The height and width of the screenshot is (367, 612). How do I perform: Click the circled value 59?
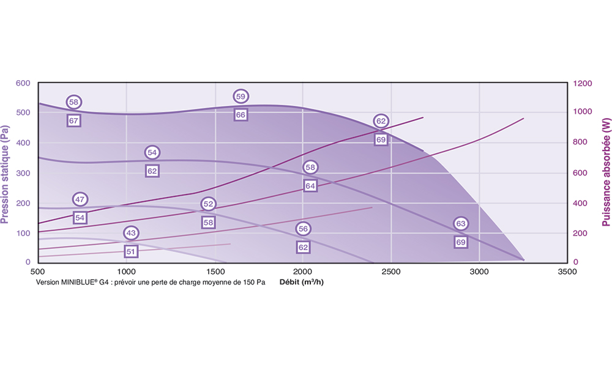[241, 97]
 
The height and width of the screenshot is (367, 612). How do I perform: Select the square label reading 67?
[73, 120]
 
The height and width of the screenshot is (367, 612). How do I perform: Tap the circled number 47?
[80, 199]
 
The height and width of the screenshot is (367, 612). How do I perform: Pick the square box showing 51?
[130, 251]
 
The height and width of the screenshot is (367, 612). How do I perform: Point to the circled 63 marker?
[461, 224]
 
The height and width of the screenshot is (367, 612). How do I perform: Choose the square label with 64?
[310, 185]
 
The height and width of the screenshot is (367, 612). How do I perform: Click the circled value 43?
[130, 233]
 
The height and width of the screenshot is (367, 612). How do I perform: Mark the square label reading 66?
[241, 114]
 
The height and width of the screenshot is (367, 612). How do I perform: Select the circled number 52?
[209, 204]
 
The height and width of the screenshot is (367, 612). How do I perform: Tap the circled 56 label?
[303, 229]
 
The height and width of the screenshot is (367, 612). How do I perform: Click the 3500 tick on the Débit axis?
[567, 272]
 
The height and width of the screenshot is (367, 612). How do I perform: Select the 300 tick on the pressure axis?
[23, 173]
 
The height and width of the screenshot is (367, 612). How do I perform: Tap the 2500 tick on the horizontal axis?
[391, 272]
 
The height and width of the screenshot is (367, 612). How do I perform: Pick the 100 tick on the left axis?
[23, 233]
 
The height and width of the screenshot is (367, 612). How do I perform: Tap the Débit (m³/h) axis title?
[301, 282]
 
